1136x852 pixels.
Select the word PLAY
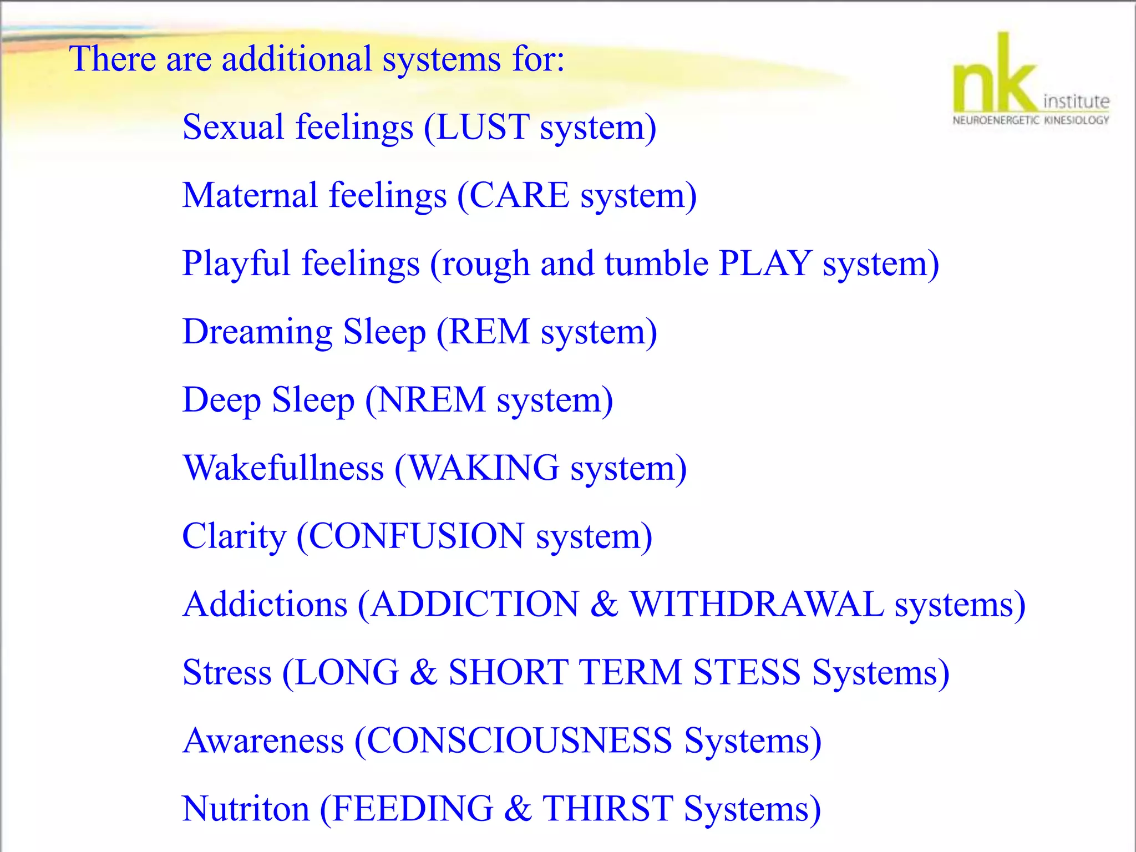tap(765, 263)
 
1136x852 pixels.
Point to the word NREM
tap(432, 400)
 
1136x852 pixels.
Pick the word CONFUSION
tap(416, 536)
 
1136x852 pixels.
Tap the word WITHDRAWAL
tap(757, 605)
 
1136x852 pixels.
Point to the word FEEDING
tap(413, 809)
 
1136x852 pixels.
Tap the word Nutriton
tap(246, 809)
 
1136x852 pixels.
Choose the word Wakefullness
tap(283, 468)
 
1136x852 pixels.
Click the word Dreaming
tap(257, 333)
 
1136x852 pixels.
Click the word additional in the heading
tap(297, 59)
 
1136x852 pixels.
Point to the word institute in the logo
tap(1076, 102)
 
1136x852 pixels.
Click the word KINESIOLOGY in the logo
tap(1077, 120)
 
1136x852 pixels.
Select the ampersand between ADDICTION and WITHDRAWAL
tap(604, 605)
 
